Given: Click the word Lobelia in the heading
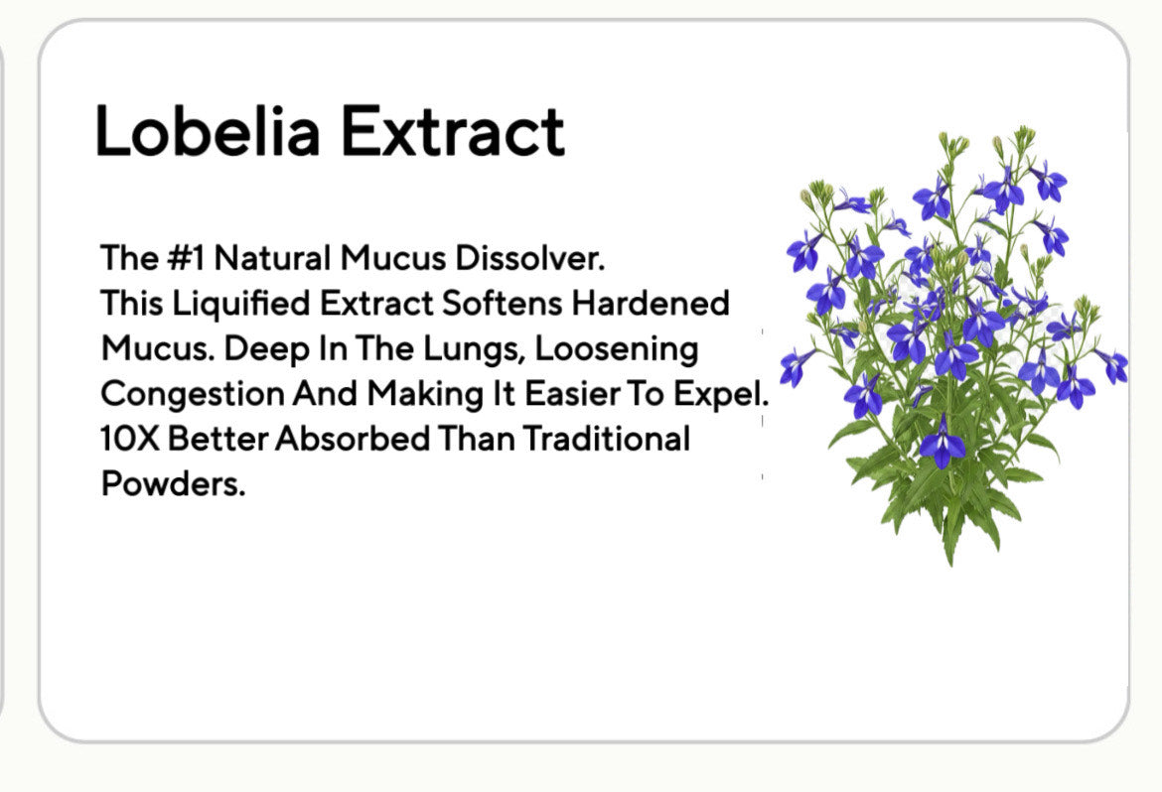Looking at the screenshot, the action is point(208,130).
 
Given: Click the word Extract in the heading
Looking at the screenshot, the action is point(452,130).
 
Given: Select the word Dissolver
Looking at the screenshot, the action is point(530,258).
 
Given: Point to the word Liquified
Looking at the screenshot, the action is point(241,304).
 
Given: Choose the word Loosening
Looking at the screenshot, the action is point(617,349).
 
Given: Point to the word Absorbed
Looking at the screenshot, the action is point(352,439).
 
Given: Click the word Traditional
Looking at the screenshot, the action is point(606,439).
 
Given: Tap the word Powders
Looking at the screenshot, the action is point(173,483).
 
